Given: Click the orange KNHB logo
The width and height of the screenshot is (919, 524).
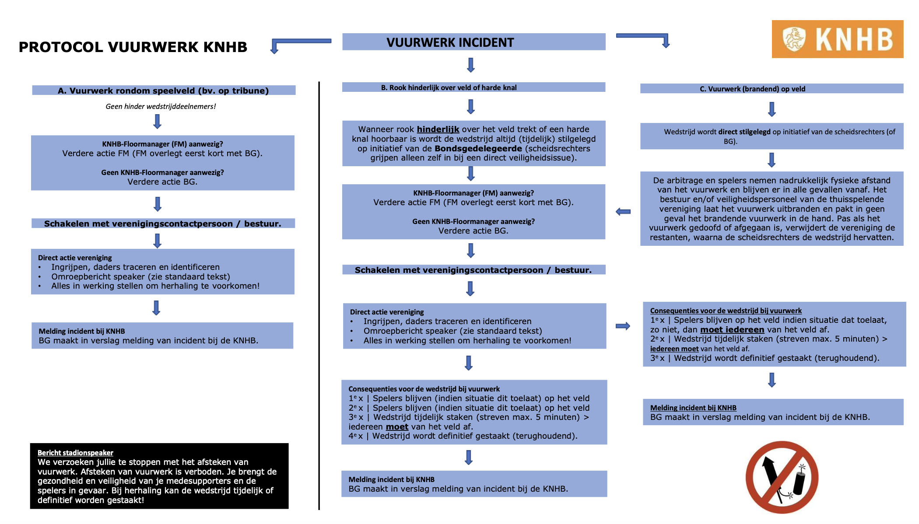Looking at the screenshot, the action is [837, 39].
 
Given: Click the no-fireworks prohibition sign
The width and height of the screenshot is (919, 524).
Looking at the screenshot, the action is [782, 477].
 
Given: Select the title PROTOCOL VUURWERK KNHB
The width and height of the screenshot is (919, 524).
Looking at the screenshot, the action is [133, 47].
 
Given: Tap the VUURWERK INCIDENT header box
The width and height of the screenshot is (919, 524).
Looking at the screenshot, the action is [474, 42].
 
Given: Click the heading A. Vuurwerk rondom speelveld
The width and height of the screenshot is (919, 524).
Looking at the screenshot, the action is [163, 91].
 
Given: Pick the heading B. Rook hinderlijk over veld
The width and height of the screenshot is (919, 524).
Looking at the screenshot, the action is [449, 87].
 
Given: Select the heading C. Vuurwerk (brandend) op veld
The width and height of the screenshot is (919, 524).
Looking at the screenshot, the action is [752, 89].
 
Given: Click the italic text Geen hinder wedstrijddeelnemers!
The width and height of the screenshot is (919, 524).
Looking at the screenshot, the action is [161, 106].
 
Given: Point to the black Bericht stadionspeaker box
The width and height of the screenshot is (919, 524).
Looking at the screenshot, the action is [159, 476].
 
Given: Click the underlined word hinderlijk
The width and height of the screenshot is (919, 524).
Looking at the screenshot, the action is [438, 129].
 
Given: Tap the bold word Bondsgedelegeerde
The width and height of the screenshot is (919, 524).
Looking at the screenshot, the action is [479, 148].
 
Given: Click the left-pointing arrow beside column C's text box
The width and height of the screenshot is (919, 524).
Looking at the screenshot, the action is [623, 212].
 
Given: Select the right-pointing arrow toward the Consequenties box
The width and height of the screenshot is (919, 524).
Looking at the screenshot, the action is [623, 326].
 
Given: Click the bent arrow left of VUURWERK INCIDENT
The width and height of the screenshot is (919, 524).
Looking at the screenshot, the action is [289, 43].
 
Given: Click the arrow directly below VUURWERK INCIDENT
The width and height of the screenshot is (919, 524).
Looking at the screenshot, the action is [471, 65].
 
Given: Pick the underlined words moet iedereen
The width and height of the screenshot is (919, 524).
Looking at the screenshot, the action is [732, 329].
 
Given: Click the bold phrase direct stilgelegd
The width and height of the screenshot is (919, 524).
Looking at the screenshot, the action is [744, 132].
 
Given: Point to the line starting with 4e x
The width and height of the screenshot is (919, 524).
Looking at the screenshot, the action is [463, 436].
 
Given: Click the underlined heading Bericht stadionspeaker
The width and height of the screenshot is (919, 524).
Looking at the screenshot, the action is [75, 453].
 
